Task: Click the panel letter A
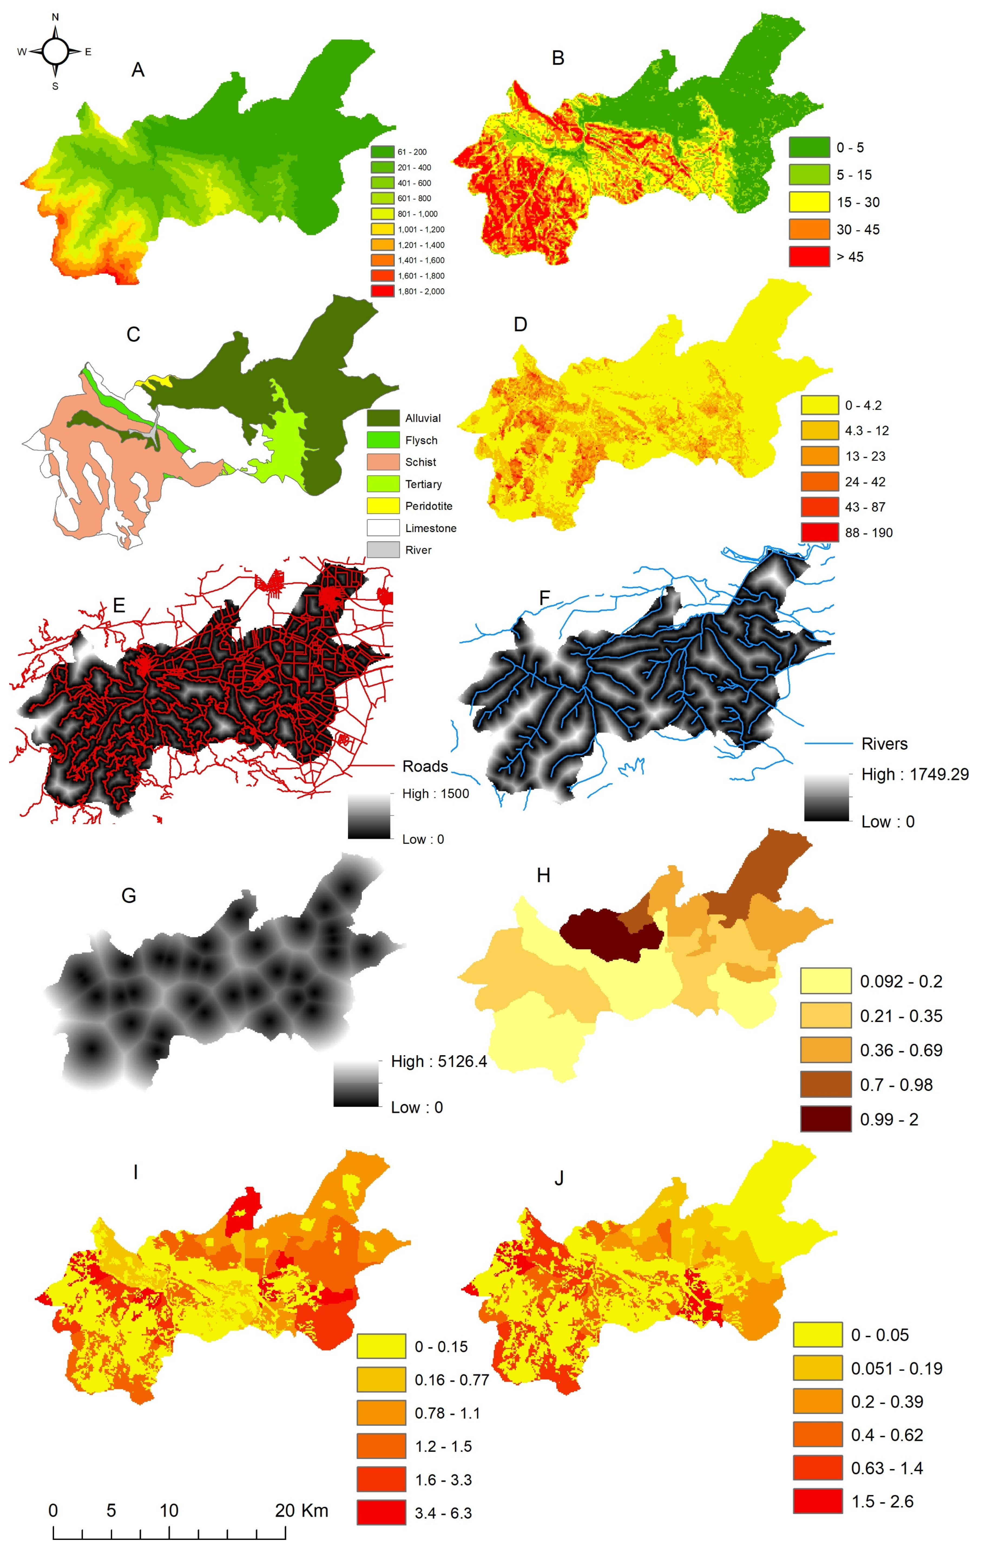point(137,70)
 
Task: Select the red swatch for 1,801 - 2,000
point(382,291)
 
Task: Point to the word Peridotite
point(429,506)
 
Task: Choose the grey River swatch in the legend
point(383,550)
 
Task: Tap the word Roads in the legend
point(425,766)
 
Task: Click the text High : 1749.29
point(914,774)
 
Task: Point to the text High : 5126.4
point(439,1062)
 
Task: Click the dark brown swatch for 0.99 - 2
point(826,1119)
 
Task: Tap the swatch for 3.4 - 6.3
point(381,1513)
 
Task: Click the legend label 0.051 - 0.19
point(896,1368)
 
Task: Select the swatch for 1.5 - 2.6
point(817,1501)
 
